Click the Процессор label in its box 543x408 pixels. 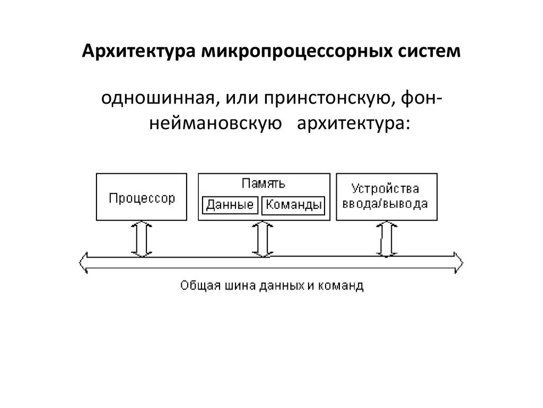coord(142,198)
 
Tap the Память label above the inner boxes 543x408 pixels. coord(264,184)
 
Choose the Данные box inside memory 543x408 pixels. coord(230,205)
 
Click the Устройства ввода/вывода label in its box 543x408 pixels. coord(387,196)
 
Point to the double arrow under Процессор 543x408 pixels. coord(142,239)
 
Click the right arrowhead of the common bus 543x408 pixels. coord(457,262)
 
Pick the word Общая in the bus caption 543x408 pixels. coord(197,286)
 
